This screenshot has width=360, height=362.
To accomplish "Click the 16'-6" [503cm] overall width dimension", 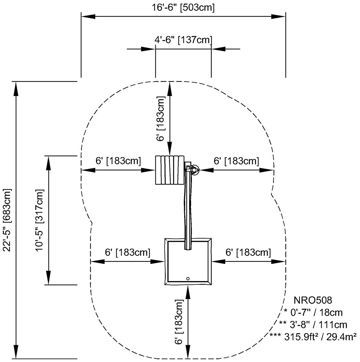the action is click(x=183, y=8).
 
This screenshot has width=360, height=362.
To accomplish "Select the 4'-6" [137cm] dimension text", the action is click(x=183, y=40).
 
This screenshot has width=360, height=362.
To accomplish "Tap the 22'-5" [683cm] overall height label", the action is click(x=7, y=220).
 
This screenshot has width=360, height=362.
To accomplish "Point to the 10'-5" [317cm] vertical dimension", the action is click(x=39, y=220).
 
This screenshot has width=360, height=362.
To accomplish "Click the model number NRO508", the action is click(x=313, y=300).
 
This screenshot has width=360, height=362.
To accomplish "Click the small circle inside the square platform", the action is click(x=188, y=279).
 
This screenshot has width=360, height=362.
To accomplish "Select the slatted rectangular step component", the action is click(x=170, y=170).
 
